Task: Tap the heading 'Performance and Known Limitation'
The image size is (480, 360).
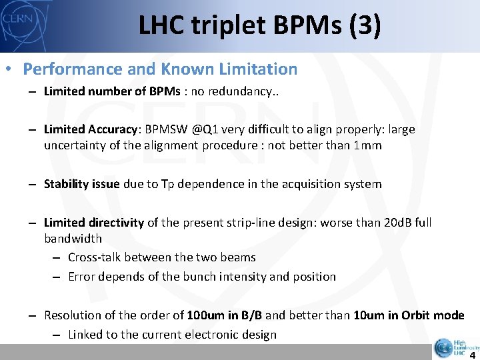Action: click(x=160, y=69)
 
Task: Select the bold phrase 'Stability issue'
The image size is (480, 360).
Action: click(x=82, y=183)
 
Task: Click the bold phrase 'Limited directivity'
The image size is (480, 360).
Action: click(x=93, y=222)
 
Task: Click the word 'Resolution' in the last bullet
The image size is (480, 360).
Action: click(x=72, y=315)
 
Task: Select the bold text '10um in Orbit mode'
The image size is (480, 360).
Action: click(x=409, y=315)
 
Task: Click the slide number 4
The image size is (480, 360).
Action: click(x=471, y=355)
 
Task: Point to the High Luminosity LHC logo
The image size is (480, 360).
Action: click(x=456, y=347)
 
